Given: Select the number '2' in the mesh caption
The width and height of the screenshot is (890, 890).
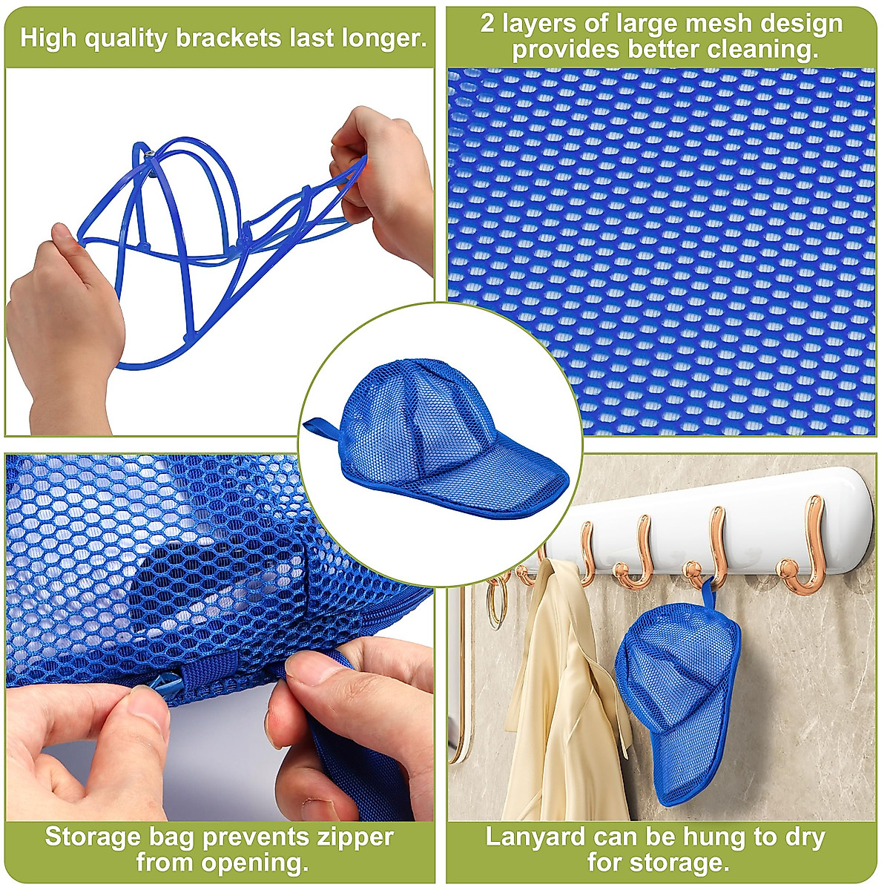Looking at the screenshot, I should point(487,24).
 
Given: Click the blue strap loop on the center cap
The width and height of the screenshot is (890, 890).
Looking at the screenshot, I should point(323,428).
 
